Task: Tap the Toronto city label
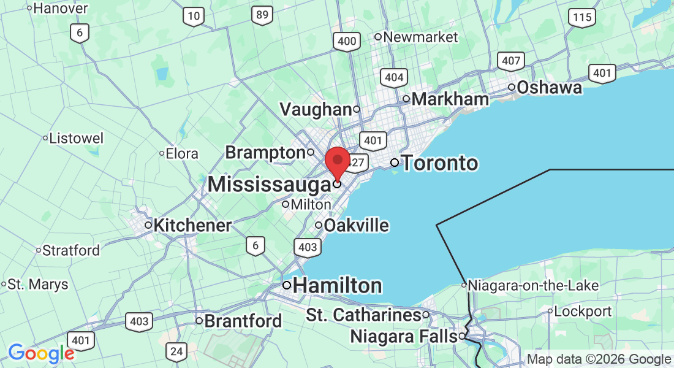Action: (x=439, y=163)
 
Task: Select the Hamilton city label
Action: (x=338, y=286)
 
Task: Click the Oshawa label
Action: (x=549, y=88)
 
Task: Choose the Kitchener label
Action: (x=192, y=226)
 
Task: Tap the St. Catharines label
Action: (x=363, y=315)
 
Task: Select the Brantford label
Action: (x=243, y=321)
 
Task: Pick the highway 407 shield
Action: (x=511, y=61)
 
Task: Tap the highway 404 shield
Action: (x=393, y=77)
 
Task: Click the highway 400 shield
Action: (x=347, y=42)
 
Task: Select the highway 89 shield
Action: (x=262, y=15)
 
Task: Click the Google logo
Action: (x=41, y=353)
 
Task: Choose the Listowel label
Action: (x=77, y=138)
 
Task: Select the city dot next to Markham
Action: (x=406, y=99)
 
